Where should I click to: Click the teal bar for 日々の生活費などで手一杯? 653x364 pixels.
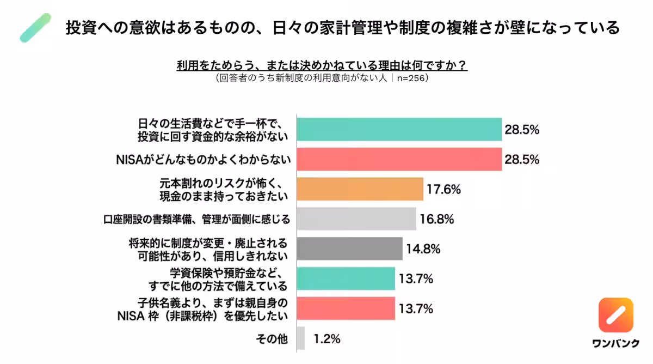pos(399,130)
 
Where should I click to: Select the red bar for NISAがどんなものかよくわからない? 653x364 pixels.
pos(399,160)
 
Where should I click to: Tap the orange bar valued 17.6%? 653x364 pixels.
pos(360,189)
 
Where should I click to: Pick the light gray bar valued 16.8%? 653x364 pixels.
pos(356,219)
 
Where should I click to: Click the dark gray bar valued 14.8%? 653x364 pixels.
pos(349,249)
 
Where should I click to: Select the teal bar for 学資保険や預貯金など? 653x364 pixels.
pos(346,279)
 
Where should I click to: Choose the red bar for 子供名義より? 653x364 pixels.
pos(346,309)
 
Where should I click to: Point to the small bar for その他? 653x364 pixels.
pos(301,338)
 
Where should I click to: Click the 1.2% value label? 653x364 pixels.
pos(327,339)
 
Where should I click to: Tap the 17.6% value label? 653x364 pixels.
pos(444,190)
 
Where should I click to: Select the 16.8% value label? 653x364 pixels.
pos(437,220)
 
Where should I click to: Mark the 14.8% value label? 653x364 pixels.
pos(423,250)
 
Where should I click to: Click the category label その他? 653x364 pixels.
pos(272,339)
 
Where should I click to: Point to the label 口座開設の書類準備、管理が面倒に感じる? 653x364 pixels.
pos(196,220)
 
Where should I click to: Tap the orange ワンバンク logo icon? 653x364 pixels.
pos(615,315)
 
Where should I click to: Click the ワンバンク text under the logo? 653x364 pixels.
pos(615,343)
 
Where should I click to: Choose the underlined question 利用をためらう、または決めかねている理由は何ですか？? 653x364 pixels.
pos(322,65)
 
